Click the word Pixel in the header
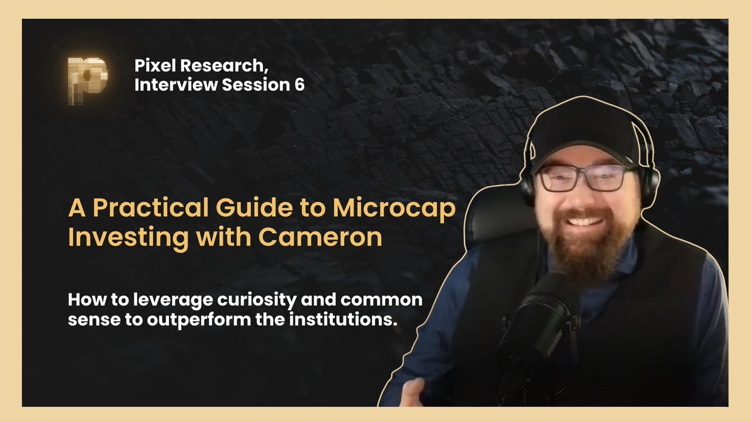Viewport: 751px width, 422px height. pyautogui.click(x=154, y=66)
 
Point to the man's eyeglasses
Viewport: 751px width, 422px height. pyautogui.click(x=581, y=178)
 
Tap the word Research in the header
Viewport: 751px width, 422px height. pyautogui.click(x=219, y=66)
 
